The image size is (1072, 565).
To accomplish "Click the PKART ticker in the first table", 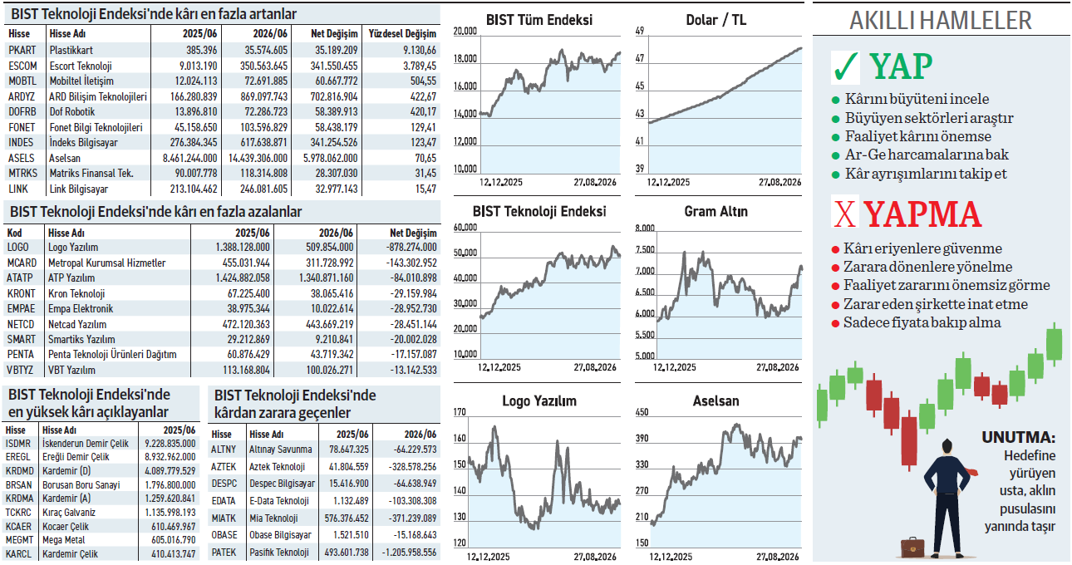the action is click(22, 50).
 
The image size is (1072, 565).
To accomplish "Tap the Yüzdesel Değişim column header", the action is click(402, 34).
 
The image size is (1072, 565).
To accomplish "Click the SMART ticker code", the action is click(21, 339).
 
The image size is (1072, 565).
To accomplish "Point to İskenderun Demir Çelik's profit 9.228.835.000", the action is click(170, 444).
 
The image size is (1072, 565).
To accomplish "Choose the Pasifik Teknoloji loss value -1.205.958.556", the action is click(409, 553).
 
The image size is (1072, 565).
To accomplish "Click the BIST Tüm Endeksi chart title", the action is click(538, 20).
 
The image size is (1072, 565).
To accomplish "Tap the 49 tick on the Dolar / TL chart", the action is click(640, 31).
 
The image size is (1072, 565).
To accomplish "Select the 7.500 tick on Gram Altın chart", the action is click(645, 250).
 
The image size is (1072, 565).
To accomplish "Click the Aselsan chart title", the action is click(716, 401).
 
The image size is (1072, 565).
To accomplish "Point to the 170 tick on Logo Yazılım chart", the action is click(460, 412).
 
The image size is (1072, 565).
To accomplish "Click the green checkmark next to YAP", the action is click(846, 67).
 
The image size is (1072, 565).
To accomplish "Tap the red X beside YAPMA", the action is click(844, 214).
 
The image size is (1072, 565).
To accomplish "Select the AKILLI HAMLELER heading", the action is click(941, 21).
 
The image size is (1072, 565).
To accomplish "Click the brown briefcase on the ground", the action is click(912, 547).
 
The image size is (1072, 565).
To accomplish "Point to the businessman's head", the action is click(947, 446).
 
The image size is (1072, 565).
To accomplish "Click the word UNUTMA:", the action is click(1019, 437).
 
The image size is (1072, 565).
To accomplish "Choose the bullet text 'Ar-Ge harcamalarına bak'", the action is click(927, 155).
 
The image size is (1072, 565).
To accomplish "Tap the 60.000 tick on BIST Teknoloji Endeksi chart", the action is click(465, 227).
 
